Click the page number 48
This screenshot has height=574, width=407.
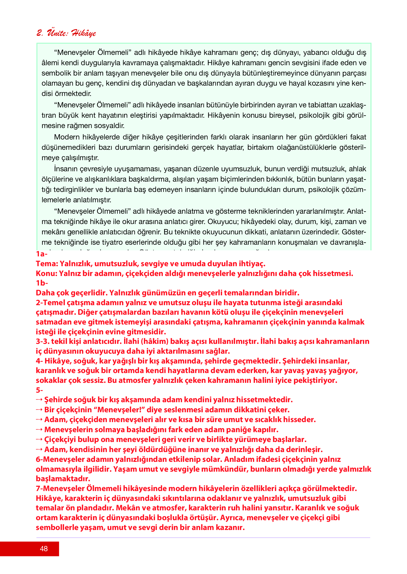click(44, 549)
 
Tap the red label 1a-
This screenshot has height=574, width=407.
click(42, 254)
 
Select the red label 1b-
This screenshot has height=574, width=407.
click(42, 283)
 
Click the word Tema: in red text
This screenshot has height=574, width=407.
click(47, 264)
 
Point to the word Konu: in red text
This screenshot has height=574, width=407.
click(46, 273)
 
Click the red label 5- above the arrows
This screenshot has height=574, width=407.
click(39, 390)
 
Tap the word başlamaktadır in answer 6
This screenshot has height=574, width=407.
click(63, 479)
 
